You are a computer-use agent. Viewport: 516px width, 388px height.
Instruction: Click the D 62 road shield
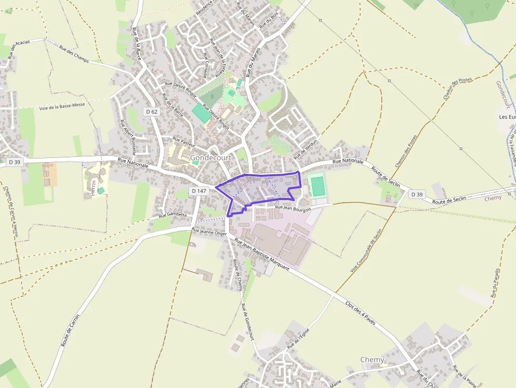coord(151,112)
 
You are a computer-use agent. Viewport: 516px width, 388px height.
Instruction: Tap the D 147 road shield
coord(199,191)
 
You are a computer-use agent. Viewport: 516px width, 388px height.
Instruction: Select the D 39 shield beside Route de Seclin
coord(416,194)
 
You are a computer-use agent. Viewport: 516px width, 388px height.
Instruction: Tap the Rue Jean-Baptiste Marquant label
coord(262,254)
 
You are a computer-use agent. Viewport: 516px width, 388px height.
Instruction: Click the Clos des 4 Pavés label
coord(360,312)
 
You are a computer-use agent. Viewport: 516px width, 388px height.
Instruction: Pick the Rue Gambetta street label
coord(173,215)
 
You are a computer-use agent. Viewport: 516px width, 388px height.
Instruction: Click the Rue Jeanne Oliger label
coord(209,232)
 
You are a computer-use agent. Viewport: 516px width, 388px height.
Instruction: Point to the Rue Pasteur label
coord(184,142)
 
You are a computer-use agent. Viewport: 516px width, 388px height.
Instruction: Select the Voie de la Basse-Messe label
coord(62,106)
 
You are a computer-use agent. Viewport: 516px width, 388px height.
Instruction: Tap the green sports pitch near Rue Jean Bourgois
coord(317,186)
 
